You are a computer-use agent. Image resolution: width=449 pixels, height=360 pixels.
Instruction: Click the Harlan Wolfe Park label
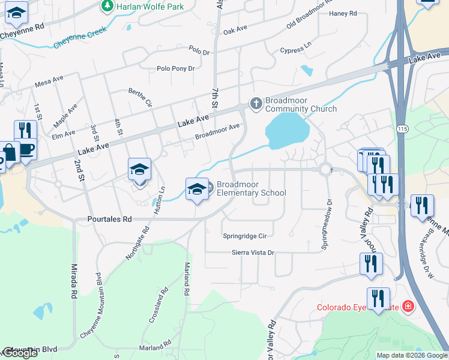tap(150, 6)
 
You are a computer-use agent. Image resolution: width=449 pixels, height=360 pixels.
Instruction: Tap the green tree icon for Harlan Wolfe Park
tap(107, 6)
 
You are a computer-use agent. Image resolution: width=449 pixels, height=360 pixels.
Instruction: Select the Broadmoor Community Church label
tap(301, 104)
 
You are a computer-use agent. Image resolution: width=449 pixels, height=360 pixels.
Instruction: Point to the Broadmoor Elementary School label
tap(251, 188)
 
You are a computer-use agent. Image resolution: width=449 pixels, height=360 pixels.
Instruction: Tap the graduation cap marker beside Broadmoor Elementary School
tap(197, 190)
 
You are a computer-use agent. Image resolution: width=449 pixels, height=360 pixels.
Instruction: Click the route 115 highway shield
tap(402, 128)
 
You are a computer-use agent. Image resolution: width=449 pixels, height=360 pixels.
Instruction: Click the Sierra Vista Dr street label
tap(253, 253)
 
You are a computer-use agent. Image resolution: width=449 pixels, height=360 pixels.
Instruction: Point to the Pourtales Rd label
tap(109, 220)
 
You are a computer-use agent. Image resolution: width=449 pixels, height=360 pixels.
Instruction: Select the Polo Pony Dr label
tap(175, 69)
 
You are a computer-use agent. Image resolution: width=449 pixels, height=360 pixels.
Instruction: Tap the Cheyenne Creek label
tap(80, 37)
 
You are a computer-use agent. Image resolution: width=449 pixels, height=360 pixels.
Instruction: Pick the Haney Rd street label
tap(343, 13)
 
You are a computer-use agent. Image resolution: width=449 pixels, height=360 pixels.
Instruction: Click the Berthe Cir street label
tap(140, 96)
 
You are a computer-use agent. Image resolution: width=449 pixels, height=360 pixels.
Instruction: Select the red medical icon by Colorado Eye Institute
tap(408, 307)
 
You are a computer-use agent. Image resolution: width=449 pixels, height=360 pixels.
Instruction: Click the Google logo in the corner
tap(20, 353)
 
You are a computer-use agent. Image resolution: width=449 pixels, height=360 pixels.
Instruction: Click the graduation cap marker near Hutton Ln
tap(139, 169)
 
